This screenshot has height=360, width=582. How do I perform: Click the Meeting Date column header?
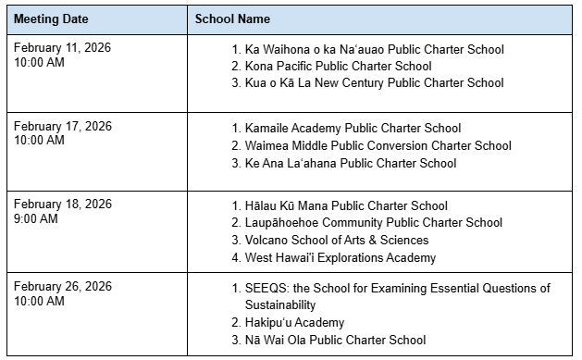[51, 19]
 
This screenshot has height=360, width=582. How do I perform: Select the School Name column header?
[232, 19]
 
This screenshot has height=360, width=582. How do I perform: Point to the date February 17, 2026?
[62, 127]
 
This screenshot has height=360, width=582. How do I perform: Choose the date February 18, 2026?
[62, 205]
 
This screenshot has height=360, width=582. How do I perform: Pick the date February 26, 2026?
[62, 288]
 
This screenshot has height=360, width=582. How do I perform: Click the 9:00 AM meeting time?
[36, 219]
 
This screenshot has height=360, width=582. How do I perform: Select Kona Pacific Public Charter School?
[338, 66]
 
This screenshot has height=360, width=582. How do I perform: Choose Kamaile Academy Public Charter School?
[353, 128]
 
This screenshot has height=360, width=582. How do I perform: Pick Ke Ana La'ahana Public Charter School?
[351, 163]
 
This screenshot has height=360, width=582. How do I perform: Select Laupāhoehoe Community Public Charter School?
[374, 223]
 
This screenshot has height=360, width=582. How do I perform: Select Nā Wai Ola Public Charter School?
[336, 340]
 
